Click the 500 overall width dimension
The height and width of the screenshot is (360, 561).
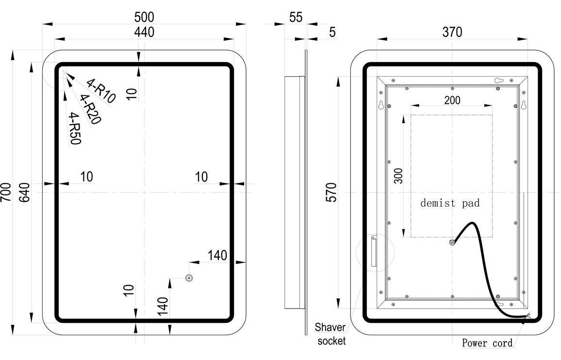click(x=144, y=17)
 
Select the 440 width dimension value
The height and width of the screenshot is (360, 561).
click(x=144, y=33)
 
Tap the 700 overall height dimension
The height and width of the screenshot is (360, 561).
click(x=6, y=193)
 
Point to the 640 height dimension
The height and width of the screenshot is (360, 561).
click(x=25, y=193)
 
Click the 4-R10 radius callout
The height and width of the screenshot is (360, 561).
click(x=101, y=91)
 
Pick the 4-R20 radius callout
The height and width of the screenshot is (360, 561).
click(x=90, y=109)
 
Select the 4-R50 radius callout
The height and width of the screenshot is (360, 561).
click(x=75, y=128)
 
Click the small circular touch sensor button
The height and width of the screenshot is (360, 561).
click(x=189, y=278)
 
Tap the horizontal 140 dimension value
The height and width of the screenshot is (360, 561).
click(x=217, y=255)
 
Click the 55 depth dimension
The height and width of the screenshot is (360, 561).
click(x=296, y=17)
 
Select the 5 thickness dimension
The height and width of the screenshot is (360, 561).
click(x=332, y=33)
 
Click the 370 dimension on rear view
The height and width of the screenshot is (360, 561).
click(x=452, y=32)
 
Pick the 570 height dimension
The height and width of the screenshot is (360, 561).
click(x=331, y=193)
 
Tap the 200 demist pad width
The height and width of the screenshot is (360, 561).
click(x=452, y=100)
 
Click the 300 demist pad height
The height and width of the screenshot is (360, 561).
click(x=398, y=175)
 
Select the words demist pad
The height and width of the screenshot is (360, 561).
click(x=450, y=203)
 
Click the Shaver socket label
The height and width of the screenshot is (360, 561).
click(x=331, y=334)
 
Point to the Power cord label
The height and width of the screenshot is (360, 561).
click(x=487, y=343)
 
